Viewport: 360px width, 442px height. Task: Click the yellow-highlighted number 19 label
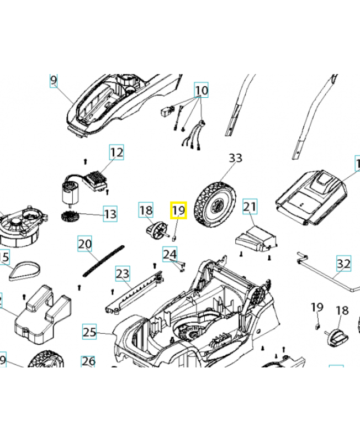[x=178, y=211]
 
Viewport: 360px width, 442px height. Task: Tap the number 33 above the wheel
[x=236, y=158]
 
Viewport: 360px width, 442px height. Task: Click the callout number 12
[x=117, y=152]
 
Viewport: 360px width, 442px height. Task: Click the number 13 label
[x=110, y=214]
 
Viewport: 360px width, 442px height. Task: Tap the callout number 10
[x=201, y=90]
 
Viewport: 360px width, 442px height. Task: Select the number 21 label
[x=250, y=207]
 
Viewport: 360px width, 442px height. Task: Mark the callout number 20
[x=84, y=244]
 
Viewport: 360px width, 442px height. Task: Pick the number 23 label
[x=122, y=273]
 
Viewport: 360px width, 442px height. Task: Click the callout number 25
[x=89, y=332]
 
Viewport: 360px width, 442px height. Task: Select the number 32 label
[x=343, y=264]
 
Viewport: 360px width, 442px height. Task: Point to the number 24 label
[x=170, y=254]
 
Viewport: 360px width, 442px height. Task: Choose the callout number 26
[x=88, y=362]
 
